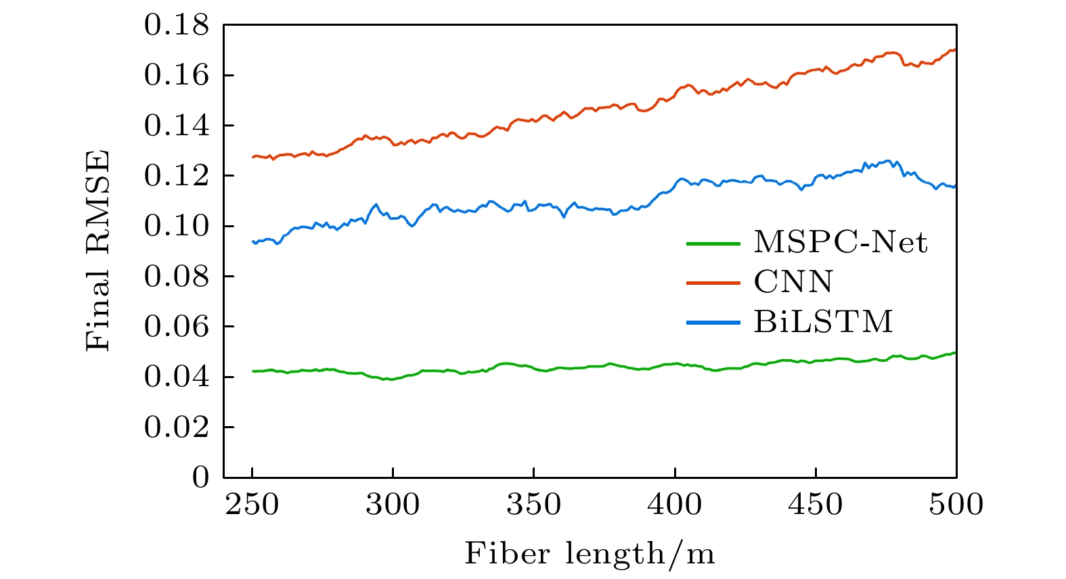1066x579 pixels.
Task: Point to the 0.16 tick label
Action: coord(177,76)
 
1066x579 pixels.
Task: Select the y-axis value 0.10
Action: coord(177,227)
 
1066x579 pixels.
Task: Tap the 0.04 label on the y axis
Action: coord(177,377)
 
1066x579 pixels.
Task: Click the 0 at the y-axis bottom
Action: coord(201,478)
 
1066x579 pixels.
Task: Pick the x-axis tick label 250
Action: coord(252,505)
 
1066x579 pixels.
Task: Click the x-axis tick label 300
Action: coord(393,505)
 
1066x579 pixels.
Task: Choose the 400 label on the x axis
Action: coord(675,505)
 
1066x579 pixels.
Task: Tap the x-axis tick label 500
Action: coord(956,505)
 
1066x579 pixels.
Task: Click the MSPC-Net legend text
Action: coord(841,243)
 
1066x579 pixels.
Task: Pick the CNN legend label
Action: coord(793,282)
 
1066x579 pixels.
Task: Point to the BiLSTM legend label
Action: coord(824,322)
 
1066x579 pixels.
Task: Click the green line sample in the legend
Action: coord(713,243)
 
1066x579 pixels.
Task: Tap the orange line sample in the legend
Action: coord(713,282)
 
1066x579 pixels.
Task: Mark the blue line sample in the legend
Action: coord(713,322)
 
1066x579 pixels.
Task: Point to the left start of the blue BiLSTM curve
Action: coord(253,241)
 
